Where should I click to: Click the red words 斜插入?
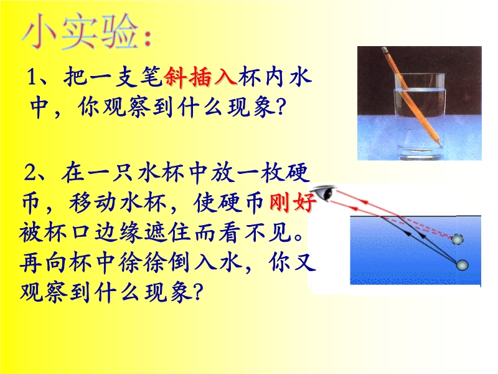pos(200,77)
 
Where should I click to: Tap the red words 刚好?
pos(293,202)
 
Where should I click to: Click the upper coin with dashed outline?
pos(458,239)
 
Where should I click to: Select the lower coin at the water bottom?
pos(462,264)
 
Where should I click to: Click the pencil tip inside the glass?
pos(440,144)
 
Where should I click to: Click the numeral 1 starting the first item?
pos(31,77)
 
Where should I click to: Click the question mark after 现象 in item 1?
pos(280,108)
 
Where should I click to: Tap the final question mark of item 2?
pos(198,292)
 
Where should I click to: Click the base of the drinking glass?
pos(418,153)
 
